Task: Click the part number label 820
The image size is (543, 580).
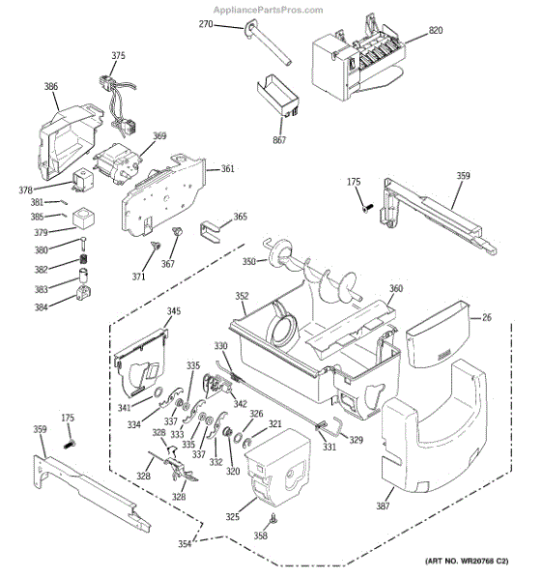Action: [436, 30]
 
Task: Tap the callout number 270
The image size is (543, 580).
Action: [206, 24]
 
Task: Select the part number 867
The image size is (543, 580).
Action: [279, 140]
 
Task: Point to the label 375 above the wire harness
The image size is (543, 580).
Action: [118, 55]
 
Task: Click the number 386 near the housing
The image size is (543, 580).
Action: [51, 86]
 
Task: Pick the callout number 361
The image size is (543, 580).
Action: [228, 168]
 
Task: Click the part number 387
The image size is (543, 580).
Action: [383, 506]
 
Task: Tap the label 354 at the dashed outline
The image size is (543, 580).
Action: [185, 543]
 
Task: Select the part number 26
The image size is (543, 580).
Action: [487, 317]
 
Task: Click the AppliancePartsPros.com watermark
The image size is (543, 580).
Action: [269, 10]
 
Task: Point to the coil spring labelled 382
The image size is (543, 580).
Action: [84, 259]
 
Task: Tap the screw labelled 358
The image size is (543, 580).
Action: [273, 519]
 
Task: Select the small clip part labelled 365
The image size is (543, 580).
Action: [210, 232]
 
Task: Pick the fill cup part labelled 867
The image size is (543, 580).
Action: [277, 95]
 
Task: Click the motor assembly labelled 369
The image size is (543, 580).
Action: [117, 164]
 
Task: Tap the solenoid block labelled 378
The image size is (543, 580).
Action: [82, 180]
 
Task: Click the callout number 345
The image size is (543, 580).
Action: [174, 311]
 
